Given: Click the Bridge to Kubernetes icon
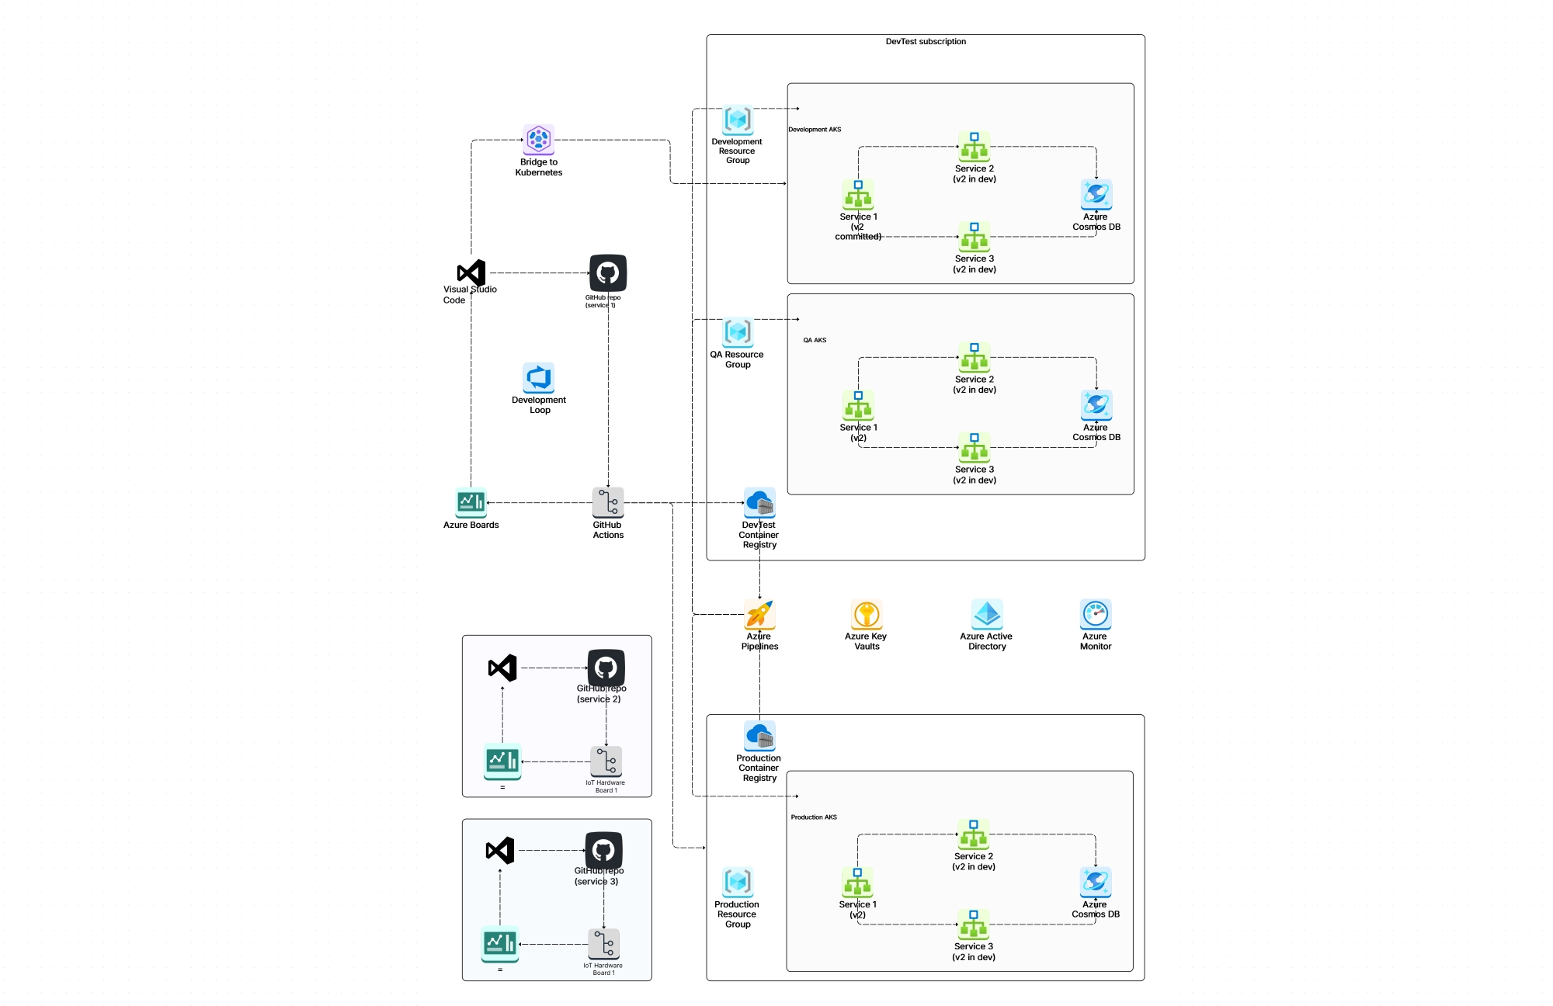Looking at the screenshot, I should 538,140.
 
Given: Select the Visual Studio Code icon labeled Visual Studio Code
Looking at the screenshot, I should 471,272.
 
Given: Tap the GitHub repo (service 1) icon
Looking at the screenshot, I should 608,272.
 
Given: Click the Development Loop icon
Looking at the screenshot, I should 538,378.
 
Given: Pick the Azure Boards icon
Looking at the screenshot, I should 471,502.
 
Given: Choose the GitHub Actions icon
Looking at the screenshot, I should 608,502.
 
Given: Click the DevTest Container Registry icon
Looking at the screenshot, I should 759,503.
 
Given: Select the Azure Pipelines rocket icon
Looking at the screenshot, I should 759,614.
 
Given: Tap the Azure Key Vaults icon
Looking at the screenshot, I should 867,614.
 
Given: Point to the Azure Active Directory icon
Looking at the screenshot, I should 987,614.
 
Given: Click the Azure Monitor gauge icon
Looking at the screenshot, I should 1096,614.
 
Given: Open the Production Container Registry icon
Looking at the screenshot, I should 759,735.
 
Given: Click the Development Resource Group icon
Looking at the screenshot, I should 738,120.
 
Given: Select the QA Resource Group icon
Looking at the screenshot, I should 738,332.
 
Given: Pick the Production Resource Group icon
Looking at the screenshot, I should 738,882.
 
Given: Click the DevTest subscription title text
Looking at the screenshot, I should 926,42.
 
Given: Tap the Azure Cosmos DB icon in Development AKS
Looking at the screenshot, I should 1096,194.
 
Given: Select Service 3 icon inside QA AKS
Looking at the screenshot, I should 975,447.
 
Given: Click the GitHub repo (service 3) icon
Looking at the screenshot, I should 603,850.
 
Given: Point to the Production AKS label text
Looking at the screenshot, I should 814,817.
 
